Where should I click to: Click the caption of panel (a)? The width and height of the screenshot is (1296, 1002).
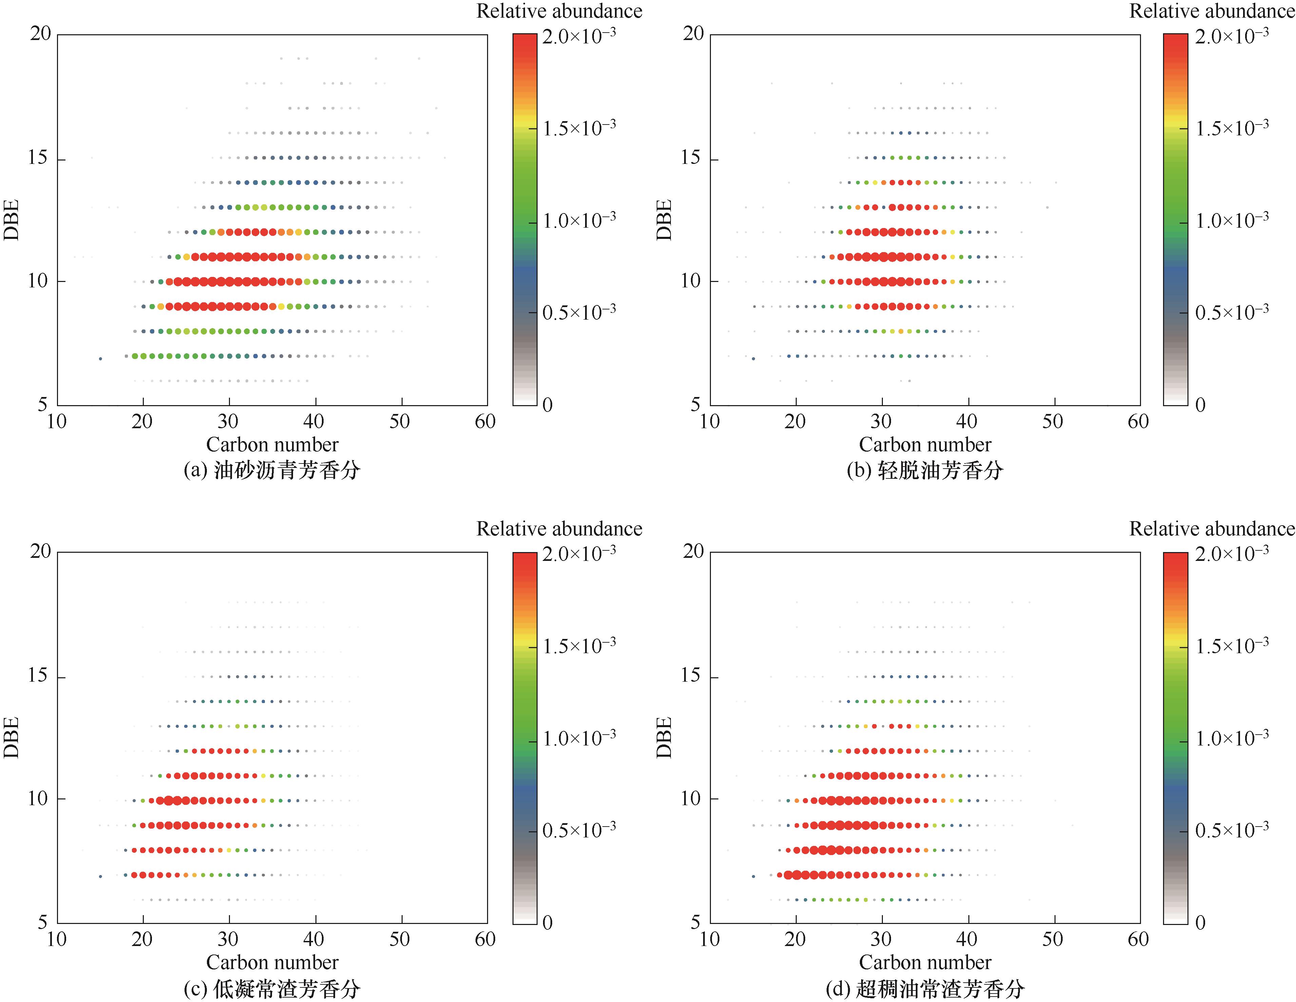pyautogui.click(x=272, y=470)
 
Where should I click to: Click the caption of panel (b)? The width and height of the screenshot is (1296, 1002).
pyautogui.click(x=925, y=470)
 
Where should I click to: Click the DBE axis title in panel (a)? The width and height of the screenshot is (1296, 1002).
pyautogui.click(x=12, y=220)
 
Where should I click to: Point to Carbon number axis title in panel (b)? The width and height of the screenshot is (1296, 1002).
pyautogui.click(x=925, y=444)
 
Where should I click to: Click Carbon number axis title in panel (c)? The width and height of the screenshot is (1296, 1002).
pyautogui.click(x=272, y=962)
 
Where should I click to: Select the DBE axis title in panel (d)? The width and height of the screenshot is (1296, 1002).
pyautogui.click(x=664, y=737)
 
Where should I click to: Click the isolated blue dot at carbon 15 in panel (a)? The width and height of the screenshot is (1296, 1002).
pyautogui.click(x=100, y=359)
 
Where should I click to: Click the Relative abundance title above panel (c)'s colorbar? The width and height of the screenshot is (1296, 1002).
pyautogui.click(x=559, y=528)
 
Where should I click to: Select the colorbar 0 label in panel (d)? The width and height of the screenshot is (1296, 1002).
pyautogui.click(x=1200, y=922)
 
